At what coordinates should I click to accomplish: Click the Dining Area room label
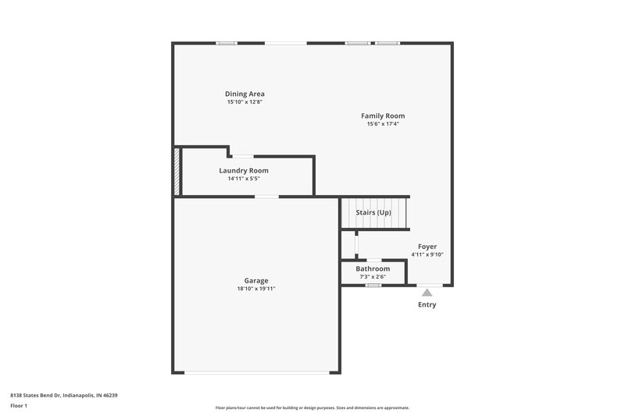[245, 94]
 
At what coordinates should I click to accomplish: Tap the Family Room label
[383, 116]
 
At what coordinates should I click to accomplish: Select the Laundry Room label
[244, 170]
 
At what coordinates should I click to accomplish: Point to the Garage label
[256, 280]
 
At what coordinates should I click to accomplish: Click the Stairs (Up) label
[373, 212]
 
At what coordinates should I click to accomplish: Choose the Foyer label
[427, 247]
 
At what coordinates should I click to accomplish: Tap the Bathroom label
[373, 268]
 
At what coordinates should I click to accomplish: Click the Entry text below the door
[427, 305]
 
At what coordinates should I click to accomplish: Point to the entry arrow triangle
[427, 293]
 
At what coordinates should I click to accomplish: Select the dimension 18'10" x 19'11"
[256, 289]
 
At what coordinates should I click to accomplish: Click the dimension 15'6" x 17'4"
[383, 124]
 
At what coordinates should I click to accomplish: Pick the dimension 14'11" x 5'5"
[244, 179]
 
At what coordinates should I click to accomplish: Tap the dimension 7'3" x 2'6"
[373, 277]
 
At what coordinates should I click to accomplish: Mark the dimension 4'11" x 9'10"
[427, 254]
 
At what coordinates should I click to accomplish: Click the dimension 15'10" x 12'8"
[245, 102]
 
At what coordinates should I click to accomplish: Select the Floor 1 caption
[20, 406]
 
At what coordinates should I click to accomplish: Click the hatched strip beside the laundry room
[177, 172]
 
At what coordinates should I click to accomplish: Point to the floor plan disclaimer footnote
[312, 407]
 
